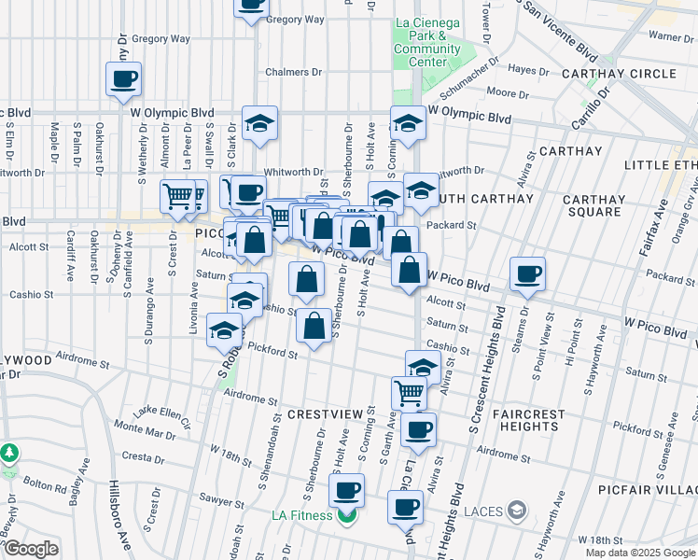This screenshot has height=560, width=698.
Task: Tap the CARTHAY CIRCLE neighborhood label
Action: [619, 74]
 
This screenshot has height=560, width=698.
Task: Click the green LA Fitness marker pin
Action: [347, 515]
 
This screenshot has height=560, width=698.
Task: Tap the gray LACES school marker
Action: [518, 511]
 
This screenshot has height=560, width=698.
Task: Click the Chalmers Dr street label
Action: [293, 72]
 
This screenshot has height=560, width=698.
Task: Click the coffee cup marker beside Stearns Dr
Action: [527, 273]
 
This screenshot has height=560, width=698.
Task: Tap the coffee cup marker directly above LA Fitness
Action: [347, 488]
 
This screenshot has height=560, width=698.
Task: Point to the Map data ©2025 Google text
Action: [639, 553]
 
